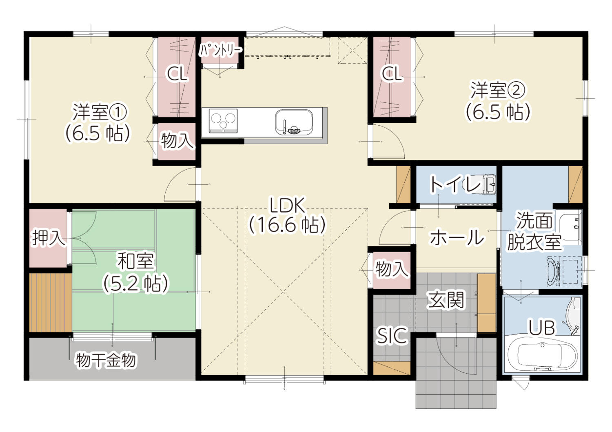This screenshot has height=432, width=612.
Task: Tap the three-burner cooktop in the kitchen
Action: tap(223, 121)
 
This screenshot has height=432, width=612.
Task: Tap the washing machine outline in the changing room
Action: tap(564, 271)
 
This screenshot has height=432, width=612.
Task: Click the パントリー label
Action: tap(221, 50)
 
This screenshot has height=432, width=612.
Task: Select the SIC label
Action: tap(392, 335)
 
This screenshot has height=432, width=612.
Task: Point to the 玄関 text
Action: tap(446, 300)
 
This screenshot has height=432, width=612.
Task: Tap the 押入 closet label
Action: tap(49, 238)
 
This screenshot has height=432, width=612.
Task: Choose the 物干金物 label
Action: tap(106, 360)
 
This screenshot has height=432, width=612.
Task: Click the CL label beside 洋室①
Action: tap(177, 73)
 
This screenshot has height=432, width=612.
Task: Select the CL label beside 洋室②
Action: tap(392, 73)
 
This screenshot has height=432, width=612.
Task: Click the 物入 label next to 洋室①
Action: tap(177, 141)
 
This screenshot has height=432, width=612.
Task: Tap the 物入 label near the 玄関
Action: tap(392, 269)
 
